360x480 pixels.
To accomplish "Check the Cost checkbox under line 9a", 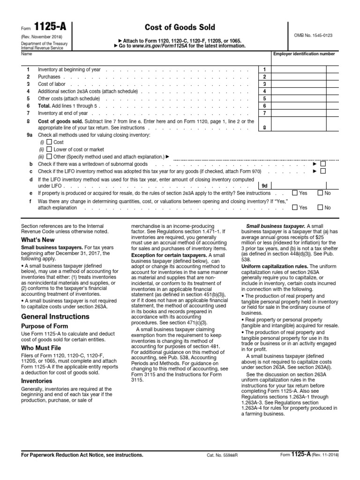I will [49, 142].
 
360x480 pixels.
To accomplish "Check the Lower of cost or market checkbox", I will [49, 149].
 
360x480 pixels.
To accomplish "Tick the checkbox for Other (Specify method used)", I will [49, 156].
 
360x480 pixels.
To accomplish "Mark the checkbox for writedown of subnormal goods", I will [322, 164].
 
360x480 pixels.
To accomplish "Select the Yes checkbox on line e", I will [294, 193].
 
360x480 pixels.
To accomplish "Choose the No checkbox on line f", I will [320, 207].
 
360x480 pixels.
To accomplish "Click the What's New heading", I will [38, 240].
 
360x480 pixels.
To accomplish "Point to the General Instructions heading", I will [55, 316].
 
